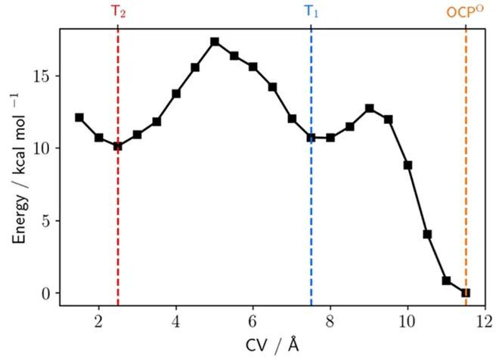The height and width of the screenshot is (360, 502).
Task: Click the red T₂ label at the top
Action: coord(119,11)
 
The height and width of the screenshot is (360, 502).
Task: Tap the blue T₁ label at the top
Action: coord(311,11)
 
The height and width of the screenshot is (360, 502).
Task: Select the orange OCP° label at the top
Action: coord(466,12)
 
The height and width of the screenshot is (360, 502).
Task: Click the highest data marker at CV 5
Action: coord(215,42)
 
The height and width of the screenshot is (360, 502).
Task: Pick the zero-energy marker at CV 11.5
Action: coord(466,293)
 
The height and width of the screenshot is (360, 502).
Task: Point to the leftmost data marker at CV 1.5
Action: coord(79,117)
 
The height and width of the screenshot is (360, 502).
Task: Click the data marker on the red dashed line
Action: coord(118,146)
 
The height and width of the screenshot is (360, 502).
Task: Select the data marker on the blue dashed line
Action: coord(311,138)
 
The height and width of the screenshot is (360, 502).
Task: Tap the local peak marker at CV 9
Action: coord(369,108)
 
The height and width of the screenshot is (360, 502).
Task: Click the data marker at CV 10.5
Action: coord(427,234)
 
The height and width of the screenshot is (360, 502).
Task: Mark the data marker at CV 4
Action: coord(176,94)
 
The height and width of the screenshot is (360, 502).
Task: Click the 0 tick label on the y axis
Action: coord(46,293)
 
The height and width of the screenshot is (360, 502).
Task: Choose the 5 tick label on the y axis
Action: coord(46,221)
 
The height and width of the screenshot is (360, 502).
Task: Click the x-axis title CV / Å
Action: coord(271,345)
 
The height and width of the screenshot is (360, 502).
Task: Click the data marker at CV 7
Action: coord(292,119)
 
